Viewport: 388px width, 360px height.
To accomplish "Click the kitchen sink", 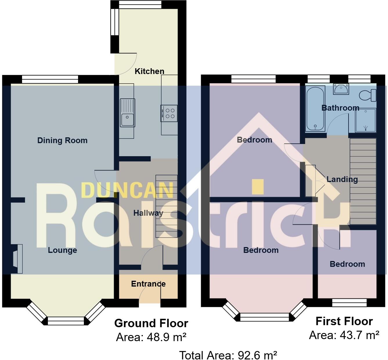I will coord(127,113).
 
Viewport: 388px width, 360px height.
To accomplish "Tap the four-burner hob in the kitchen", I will coord(169,113).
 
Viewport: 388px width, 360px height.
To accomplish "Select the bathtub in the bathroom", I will coord(315,109).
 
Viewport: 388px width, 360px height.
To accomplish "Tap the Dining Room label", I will coord(62,141).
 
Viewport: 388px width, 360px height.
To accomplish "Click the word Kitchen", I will coord(149,71).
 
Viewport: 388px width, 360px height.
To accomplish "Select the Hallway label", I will coord(148,213).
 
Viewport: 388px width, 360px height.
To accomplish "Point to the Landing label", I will coord(342,179).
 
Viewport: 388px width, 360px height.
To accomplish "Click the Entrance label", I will coord(148,284).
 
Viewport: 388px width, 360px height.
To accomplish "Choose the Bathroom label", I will coord(340,108).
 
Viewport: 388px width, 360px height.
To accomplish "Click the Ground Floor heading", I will coord(151,323).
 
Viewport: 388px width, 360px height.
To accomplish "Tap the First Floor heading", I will coord(344,321).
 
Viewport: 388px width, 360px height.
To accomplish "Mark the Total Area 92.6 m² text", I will coord(228,355).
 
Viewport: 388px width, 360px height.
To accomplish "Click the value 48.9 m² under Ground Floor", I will coord(166,337).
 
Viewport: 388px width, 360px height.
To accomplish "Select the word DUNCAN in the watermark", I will coord(127,190).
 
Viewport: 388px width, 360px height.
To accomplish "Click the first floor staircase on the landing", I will coord(363,181).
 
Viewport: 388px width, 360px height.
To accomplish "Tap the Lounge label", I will coord(62,250).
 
